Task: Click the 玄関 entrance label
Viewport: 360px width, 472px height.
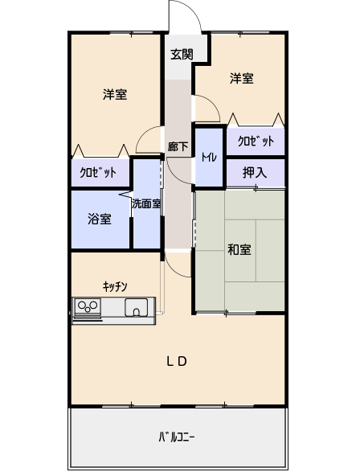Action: coord(182,54)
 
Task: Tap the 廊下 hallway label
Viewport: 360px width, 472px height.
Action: coord(178,146)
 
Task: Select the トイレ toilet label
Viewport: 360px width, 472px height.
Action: coord(209,157)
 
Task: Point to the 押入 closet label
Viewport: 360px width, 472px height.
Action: coord(255,172)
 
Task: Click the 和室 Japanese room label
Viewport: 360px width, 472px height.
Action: coord(239,249)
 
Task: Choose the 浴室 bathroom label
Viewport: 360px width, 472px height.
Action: coord(100,219)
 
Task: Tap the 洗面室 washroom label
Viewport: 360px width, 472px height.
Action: coord(146,203)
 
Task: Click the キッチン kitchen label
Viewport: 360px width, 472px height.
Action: coord(115,286)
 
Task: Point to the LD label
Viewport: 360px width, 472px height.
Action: coord(177,361)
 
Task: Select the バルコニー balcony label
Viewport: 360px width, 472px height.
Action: coord(177,437)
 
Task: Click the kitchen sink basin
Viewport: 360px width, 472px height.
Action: coord(137,307)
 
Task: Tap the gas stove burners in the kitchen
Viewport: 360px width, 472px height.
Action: coord(88,306)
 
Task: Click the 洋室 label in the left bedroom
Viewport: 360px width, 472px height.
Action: coord(115,94)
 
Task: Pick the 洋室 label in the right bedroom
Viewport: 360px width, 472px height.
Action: coord(242,78)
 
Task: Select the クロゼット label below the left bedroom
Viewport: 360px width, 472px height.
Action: coord(98,173)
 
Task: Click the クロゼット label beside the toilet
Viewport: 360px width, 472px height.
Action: coord(256,141)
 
